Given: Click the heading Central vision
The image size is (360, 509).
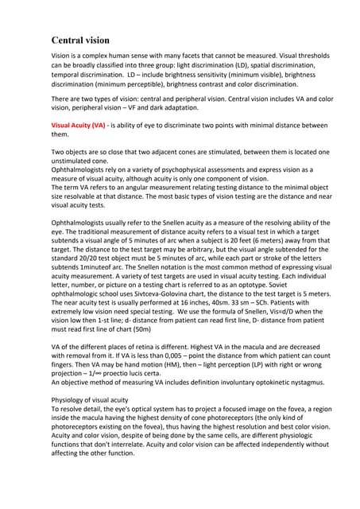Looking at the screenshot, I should [80, 40].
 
